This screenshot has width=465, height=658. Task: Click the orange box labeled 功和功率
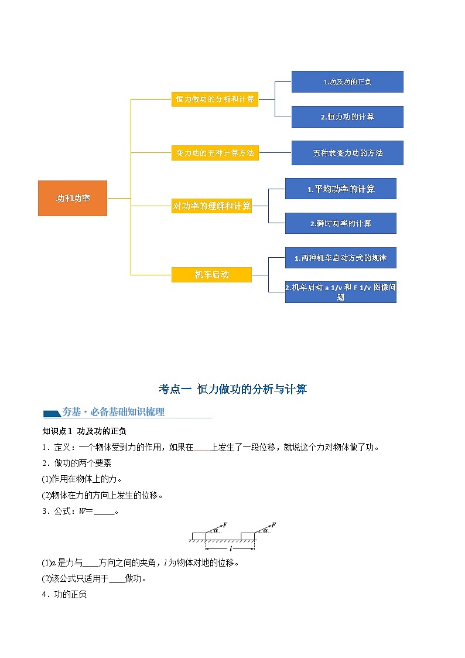click(73, 198)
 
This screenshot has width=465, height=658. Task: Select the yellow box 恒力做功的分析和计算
click(215, 99)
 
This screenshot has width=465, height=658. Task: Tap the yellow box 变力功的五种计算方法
click(215, 153)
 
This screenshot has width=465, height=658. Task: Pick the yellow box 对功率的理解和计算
click(211, 206)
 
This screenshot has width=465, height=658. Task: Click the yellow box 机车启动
click(211, 274)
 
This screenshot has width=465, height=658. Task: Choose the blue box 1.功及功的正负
click(347, 81)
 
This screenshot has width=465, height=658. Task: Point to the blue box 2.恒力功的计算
click(347, 117)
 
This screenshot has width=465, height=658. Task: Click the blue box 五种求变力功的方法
click(347, 153)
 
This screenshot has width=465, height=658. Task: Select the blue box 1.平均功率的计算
click(340, 189)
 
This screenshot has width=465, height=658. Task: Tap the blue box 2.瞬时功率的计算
click(340, 223)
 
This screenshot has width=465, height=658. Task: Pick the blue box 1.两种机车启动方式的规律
click(340, 257)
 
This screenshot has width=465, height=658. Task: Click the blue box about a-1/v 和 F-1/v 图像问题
click(340, 292)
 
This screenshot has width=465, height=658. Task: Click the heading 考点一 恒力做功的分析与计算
click(232, 389)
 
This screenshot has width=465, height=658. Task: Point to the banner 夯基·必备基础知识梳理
click(114, 412)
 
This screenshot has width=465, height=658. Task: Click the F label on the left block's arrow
click(226, 525)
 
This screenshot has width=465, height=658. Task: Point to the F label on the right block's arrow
click(273, 525)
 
